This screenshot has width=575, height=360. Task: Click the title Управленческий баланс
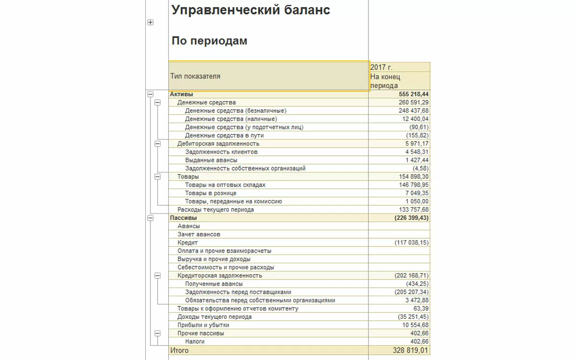251,10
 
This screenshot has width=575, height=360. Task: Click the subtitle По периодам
209,41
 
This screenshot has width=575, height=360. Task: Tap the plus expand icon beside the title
150,23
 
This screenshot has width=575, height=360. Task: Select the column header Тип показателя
195,76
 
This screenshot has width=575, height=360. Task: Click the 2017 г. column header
381,68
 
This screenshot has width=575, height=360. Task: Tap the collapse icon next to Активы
150,94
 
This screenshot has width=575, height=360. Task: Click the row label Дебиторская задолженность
218,143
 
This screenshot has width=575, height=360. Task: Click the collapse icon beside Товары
158,176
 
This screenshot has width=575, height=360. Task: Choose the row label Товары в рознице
210,193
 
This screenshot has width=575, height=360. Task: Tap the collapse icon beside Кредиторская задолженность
158,276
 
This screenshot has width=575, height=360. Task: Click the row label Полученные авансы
214,284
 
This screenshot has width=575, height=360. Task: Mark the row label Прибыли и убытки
203,325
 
